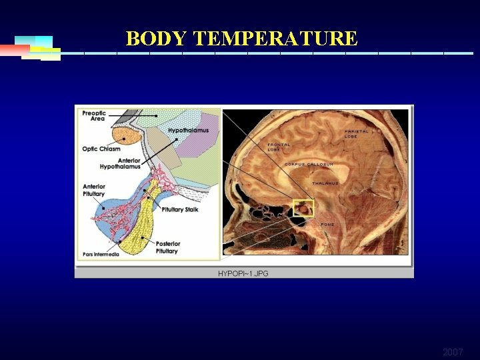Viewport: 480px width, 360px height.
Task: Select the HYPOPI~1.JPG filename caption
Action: click(x=243, y=273)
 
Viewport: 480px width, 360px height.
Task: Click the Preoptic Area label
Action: click(x=94, y=115)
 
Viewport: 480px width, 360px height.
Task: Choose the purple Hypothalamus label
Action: click(x=188, y=130)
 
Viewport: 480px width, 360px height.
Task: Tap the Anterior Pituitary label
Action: click(x=94, y=190)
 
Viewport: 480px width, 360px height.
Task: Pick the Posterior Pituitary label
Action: click(x=167, y=247)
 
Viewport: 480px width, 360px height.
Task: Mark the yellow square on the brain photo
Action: click(x=303, y=207)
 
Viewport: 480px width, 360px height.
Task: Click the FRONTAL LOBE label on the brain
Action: click(x=279, y=147)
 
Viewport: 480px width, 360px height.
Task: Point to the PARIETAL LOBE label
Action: click(x=356, y=133)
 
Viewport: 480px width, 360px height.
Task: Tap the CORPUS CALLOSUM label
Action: click(x=309, y=164)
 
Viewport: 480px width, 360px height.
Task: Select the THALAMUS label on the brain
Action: click(x=325, y=183)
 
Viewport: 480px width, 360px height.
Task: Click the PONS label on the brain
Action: click(x=327, y=225)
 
